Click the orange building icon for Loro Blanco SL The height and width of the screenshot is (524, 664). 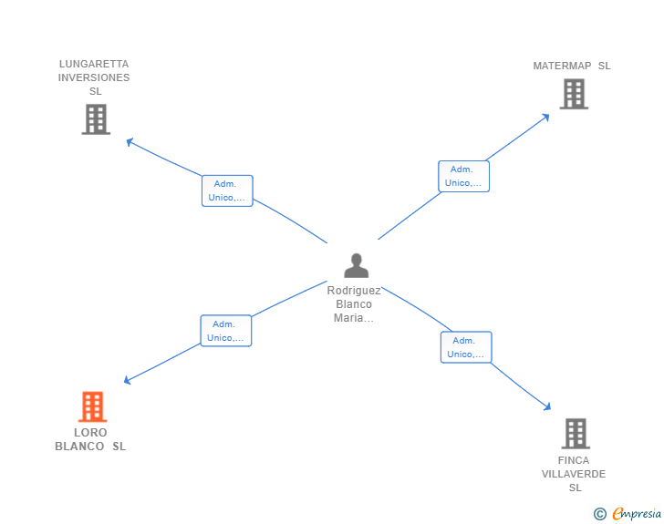click(x=92, y=406)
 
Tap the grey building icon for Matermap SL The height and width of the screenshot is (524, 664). click(x=573, y=94)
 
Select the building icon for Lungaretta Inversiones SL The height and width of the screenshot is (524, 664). click(x=95, y=118)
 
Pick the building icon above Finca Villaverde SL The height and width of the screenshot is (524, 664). click(x=575, y=434)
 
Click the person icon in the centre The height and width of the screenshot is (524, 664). click(x=356, y=265)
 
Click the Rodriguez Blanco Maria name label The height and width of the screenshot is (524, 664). click(x=354, y=304)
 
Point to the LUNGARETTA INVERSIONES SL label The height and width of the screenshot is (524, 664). click(x=94, y=77)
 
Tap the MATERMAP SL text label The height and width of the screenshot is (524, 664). click(x=572, y=66)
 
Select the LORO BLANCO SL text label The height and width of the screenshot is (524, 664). click(x=90, y=439)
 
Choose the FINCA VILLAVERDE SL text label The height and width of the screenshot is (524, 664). click(x=574, y=474)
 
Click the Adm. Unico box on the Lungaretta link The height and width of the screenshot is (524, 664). click(x=227, y=190)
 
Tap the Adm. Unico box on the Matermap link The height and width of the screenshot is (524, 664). click(x=463, y=176)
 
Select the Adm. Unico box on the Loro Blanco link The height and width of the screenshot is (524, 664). click(x=225, y=331)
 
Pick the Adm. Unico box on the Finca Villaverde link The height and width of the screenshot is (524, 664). click(x=466, y=347)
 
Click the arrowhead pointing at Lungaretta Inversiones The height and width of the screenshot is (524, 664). click(x=130, y=141)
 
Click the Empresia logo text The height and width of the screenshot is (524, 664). click(x=637, y=514)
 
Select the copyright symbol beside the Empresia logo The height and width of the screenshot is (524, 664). click(x=599, y=514)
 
